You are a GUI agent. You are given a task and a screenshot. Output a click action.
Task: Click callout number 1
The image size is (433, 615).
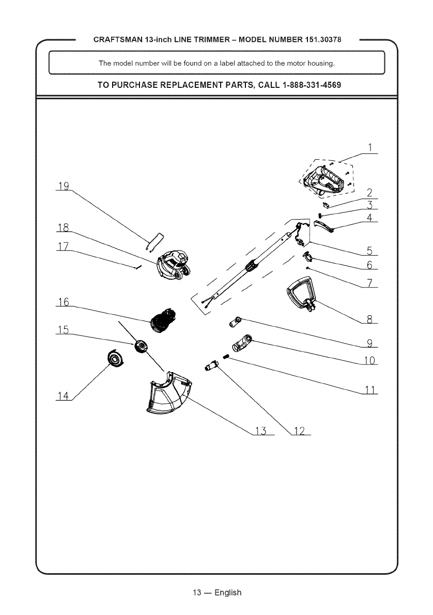[369, 148]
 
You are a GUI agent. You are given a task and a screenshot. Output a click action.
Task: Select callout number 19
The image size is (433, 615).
[65, 186]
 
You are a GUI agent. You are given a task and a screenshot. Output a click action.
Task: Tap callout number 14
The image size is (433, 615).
[64, 396]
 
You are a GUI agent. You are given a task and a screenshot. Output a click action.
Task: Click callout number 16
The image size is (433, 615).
[64, 302]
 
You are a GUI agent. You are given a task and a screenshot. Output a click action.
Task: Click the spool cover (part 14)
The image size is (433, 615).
[115, 358]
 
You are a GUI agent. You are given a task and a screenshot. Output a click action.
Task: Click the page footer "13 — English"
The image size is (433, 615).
[216, 592]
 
